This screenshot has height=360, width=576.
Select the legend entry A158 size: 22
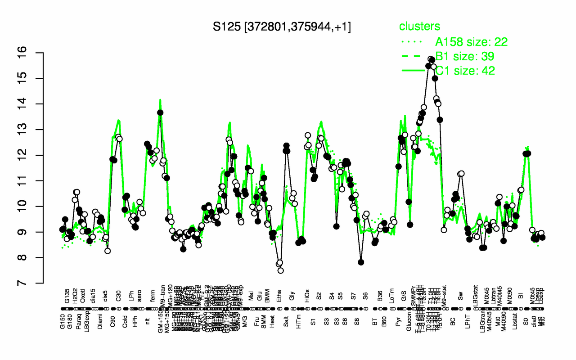pos(471,42)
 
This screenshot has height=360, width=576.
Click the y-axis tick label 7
pos(35,283)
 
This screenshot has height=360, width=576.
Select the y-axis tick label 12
pos(35,155)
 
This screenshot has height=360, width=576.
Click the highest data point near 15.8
pos(431,59)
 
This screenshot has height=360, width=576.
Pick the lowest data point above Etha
pos(280,270)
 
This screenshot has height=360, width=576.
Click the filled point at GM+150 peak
pos(160,112)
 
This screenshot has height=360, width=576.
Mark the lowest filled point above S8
pos(360,262)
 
